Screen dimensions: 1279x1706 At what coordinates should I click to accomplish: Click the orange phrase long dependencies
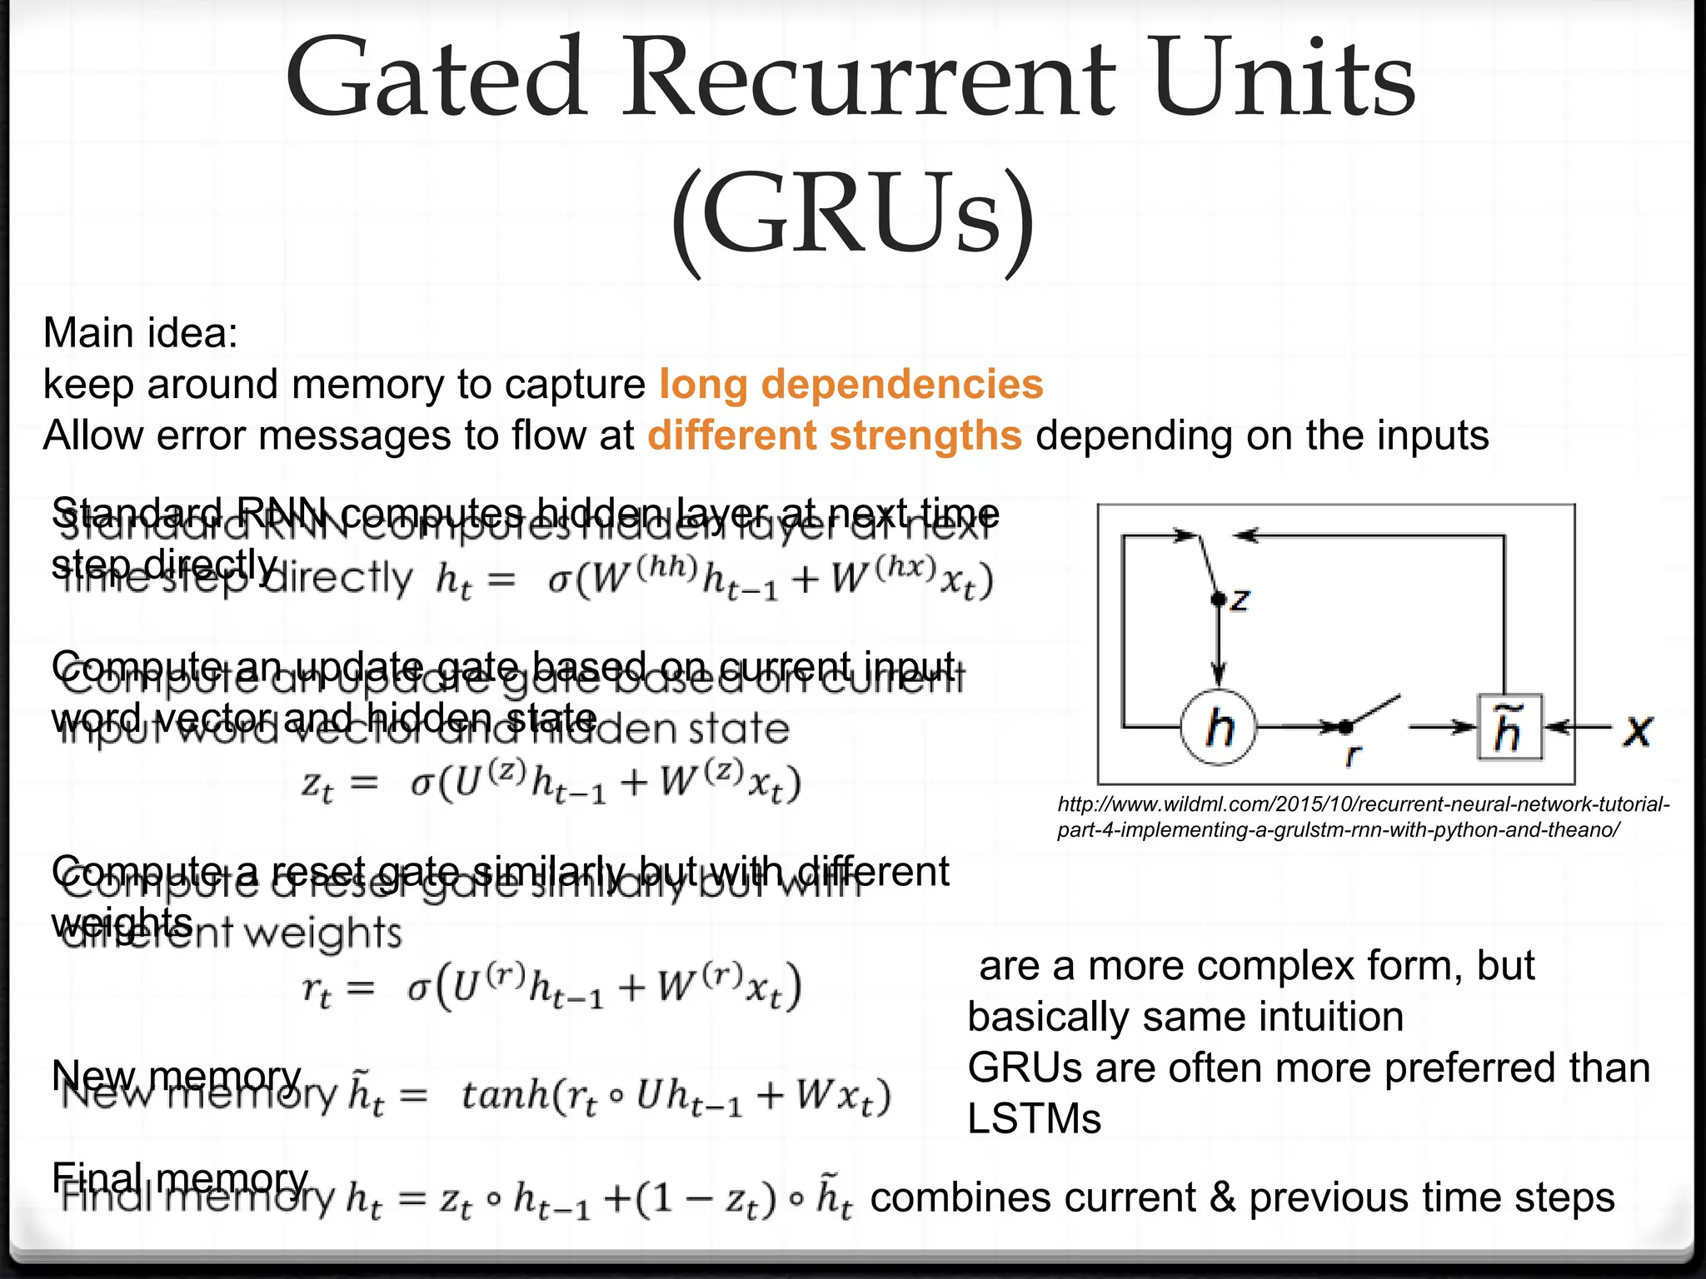coord(851,385)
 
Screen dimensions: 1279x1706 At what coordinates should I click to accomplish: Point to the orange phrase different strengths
coord(835,435)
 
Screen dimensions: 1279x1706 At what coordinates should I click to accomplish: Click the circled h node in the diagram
coord(1219,728)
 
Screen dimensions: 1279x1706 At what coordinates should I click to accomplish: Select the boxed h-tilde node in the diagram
coord(1509,728)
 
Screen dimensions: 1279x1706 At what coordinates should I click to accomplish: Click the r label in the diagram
coord(1352,754)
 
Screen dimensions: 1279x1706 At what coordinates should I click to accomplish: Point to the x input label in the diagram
coord(1638,730)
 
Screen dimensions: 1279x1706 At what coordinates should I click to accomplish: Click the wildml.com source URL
coord(1363,817)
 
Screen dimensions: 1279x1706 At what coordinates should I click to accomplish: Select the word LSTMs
coord(1034,1119)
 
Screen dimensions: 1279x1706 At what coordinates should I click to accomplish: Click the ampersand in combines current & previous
coord(1221,1197)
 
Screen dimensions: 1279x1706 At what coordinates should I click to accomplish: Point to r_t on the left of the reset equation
coord(316,989)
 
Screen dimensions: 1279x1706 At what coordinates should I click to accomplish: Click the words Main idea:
coord(141,333)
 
